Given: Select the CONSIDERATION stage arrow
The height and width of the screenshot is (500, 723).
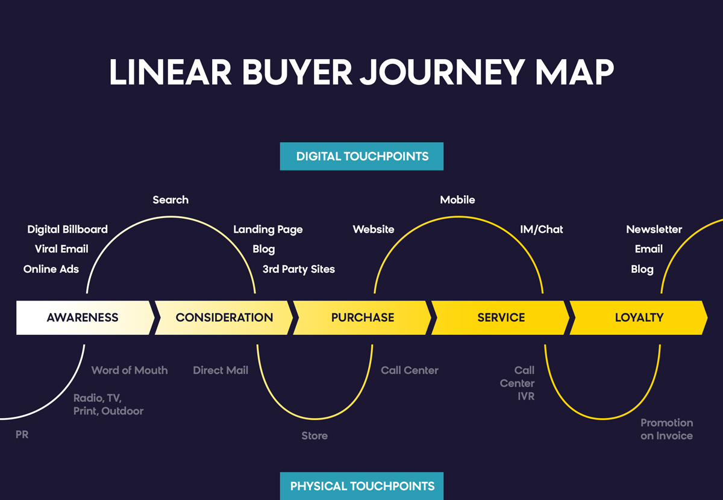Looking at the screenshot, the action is click(224, 317).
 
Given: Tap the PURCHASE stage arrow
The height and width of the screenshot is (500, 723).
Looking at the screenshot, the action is click(362, 317).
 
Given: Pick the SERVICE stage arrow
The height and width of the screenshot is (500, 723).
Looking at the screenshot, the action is click(501, 317).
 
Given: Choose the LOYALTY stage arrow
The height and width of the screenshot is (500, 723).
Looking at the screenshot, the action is click(639, 317).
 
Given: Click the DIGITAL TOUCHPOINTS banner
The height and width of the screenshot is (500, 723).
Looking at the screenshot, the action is click(361, 156).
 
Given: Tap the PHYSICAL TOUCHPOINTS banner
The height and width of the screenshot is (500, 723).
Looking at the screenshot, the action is click(361, 486).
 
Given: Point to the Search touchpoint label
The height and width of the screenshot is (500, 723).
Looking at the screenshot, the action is click(171, 200).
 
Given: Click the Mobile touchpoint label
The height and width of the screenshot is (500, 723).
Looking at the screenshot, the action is click(457, 200).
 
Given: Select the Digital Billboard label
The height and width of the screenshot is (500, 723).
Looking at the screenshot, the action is click(67, 230).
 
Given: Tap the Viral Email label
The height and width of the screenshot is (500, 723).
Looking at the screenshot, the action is click(61, 249).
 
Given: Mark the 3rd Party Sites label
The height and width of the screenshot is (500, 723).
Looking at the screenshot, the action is click(299, 269).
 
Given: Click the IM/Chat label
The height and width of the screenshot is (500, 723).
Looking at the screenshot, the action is click(541, 230).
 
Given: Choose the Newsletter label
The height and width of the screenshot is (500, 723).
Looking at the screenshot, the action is click(654, 230).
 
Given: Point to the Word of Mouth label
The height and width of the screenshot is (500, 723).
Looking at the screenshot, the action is click(130, 370).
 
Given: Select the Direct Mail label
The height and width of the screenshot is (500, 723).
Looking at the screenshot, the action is click(221, 370).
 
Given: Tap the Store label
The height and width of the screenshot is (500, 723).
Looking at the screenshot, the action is click(315, 436).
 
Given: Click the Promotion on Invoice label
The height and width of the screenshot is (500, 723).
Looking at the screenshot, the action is click(666, 430).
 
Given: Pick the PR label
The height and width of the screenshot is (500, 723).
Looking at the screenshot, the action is click(22, 434).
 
